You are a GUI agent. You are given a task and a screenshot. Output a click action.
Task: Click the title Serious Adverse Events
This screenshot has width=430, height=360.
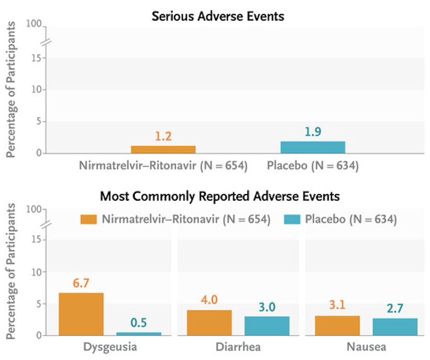(x=218, y=17)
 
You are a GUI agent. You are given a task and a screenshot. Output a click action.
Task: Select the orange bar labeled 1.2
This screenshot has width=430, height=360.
(x=163, y=149)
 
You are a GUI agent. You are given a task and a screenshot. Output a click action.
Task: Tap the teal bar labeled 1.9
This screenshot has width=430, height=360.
(x=313, y=147)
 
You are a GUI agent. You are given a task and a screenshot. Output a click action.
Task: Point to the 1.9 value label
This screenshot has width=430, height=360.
(x=313, y=132)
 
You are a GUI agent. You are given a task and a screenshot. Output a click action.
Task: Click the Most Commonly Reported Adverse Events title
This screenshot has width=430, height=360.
(x=220, y=197)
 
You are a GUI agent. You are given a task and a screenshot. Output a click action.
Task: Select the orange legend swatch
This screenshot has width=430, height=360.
(x=89, y=220)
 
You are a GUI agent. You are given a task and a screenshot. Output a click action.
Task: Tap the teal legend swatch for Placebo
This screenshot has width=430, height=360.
(x=292, y=220)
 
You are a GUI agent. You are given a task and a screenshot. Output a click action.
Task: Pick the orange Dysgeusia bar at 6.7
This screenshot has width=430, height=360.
(x=81, y=314)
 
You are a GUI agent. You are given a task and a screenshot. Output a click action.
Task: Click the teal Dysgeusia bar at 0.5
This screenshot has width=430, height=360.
(x=139, y=334)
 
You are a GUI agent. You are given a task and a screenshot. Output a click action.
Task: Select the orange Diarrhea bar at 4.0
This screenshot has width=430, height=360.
(x=209, y=323)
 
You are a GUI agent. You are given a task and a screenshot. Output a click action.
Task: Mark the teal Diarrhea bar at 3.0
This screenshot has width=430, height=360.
(x=267, y=326)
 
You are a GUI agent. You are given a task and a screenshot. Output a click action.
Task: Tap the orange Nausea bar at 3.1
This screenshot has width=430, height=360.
(x=337, y=325)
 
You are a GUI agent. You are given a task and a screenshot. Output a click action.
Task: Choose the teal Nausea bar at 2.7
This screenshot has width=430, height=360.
(x=395, y=327)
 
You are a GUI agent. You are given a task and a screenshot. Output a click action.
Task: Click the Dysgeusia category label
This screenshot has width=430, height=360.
(x=110, y=347)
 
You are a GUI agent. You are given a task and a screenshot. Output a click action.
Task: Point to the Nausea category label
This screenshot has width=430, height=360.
(x=366, y=347)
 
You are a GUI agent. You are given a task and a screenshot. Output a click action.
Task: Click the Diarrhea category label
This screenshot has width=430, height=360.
(x=238, y=347)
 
